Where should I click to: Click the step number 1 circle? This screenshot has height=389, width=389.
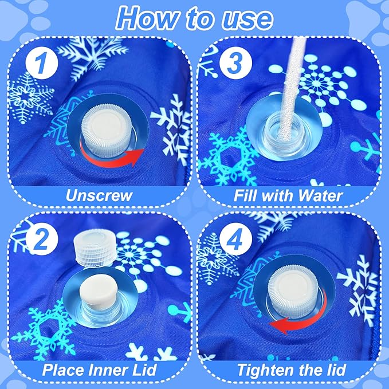(x=42, y=63)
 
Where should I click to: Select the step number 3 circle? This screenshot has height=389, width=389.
(x=235, y=63)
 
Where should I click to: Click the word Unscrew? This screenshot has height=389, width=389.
(x=99, y=195)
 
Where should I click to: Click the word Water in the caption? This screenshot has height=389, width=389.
(x=320, y=195)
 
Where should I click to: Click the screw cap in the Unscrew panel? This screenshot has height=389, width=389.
(x=108, y=133)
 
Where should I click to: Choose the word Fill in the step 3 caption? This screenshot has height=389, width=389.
(x=245, y=195)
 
